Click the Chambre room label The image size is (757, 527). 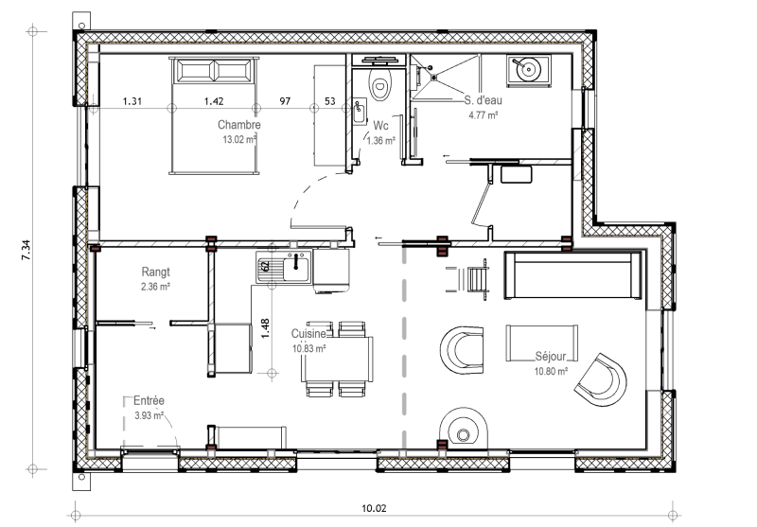click(239, 125)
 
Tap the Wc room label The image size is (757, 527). click(380, 126)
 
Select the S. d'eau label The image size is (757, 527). click(483, 100)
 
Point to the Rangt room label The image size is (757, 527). click(155, 272)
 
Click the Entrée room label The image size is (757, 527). click(149, 400)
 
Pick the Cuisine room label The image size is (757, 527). click(308, 333)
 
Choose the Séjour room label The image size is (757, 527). click(551, 357)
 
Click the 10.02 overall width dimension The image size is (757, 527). click(374, 508)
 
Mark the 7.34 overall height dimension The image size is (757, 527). click(26, 250)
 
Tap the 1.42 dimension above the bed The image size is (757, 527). click(214, 101)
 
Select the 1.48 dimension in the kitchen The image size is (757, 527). click(265, 328)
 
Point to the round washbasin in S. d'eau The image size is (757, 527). click(529, 69)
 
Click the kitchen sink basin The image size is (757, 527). click(295, 268)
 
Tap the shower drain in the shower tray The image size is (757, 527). click(434, 77)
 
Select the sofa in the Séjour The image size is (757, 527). click(573, 274)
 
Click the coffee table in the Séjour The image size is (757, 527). click(541, 343)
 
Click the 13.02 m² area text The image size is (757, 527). click(239, 140)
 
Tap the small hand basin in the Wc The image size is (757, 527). click(360, 112)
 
